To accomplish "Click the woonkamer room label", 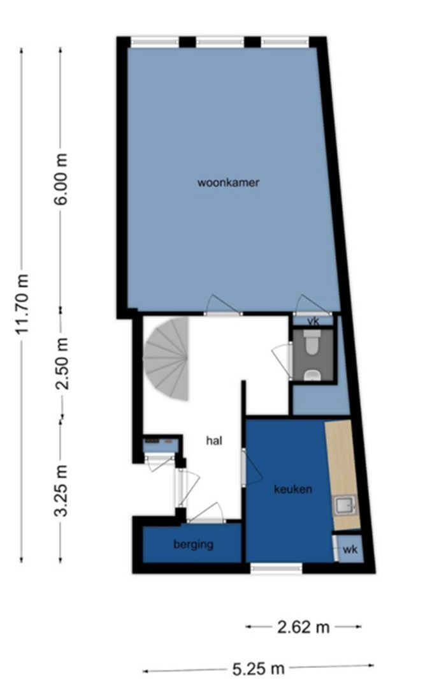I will (228, 182).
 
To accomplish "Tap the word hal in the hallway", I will (213, 440).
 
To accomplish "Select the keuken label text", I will (292, 489).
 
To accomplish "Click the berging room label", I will (193, 545).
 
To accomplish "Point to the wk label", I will (350, 549).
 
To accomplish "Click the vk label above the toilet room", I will (313, 320).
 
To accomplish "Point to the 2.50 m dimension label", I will (62, 362).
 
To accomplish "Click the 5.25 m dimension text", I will (258, 669).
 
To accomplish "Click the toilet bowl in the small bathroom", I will (313, 343).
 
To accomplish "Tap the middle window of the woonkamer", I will (220, 42).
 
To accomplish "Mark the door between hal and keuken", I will (245, 467).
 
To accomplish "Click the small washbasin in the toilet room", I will (312, 375).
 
